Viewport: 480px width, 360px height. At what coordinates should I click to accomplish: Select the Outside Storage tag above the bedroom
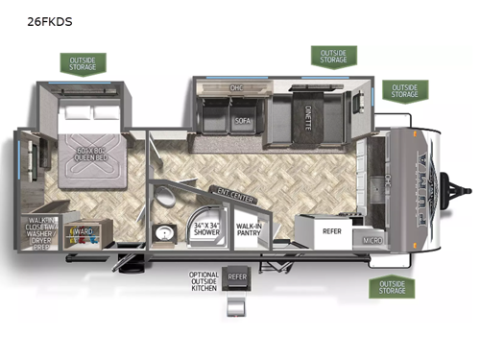[x=83, y=63]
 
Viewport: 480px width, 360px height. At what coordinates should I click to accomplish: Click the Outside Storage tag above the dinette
[x=333, y=56]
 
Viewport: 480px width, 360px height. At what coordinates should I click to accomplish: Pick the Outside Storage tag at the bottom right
[x=391, y=287]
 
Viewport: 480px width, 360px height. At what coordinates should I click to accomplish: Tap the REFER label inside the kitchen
[x=331, y=230]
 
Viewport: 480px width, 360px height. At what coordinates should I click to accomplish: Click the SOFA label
[x=242, y=122]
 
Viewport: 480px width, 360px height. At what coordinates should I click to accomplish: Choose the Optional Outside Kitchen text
[x=204, y=280]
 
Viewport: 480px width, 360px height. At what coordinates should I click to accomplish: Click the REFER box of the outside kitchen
[x=237, y=277]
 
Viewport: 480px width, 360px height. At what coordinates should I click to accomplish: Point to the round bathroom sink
[x=164, y=233]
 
